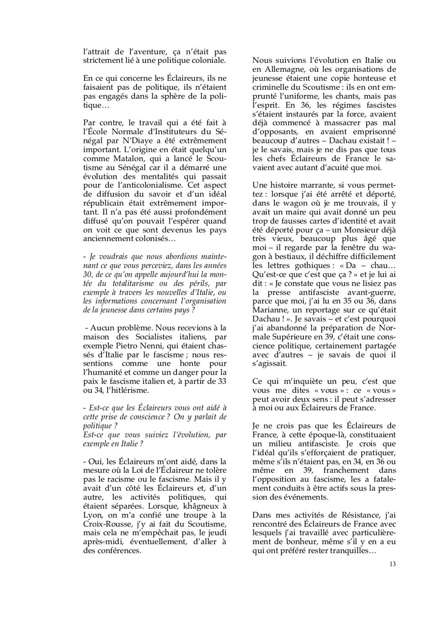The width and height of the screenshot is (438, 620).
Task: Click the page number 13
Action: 392,564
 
